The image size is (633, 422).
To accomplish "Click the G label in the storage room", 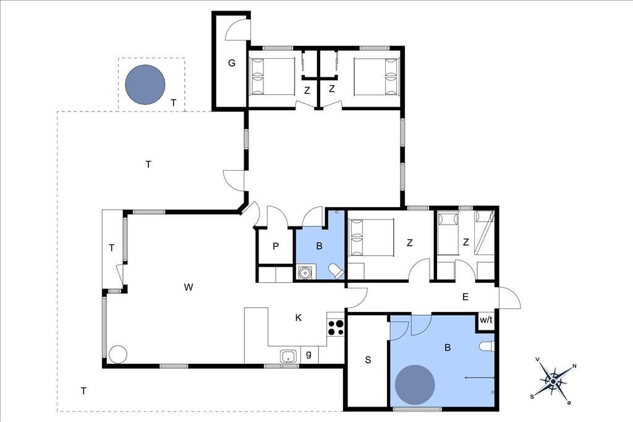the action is point(232,63).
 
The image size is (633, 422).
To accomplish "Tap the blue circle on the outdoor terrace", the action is point(145,85).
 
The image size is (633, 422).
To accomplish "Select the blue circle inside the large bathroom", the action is point(415,385).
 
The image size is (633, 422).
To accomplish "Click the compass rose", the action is point(553,381).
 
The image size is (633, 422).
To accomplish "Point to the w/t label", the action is point(486,320).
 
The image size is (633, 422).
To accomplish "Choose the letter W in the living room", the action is point(189,287).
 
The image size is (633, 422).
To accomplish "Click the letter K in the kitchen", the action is point(299,317).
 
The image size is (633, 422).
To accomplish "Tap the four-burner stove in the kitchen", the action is point(336,327).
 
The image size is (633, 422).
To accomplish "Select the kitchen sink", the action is point(288,356).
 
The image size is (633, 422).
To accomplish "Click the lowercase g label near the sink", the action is point(309,355).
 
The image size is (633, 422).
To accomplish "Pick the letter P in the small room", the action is point(276,246).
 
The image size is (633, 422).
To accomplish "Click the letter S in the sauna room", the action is point(368,360).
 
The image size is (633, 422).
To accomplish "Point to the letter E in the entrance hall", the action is point(465,297).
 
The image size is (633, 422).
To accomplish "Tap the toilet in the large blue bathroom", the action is point(486,347).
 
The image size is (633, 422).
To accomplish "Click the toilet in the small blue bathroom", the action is point(336,271).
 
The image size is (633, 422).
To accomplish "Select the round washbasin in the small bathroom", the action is point(305,272).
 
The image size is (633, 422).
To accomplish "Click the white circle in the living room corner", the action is point(118,355).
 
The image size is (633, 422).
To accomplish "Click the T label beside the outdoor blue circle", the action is point(174,103).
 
